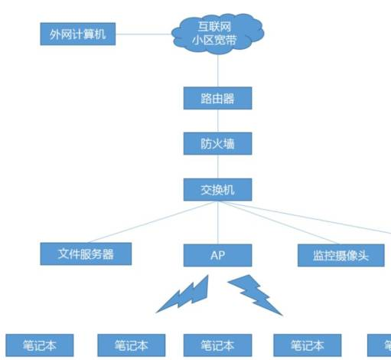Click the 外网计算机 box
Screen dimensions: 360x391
click(x=77, y=34)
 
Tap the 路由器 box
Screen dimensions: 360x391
click(x=217, y=99)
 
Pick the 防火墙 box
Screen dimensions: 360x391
click(x=217, y=143)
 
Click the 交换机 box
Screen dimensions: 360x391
click(x=217, y=188)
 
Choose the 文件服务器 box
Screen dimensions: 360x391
click(x=86, y=253)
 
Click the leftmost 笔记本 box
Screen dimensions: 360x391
click(x=41, y=345)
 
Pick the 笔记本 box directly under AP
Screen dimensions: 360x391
click(x=217, y=345)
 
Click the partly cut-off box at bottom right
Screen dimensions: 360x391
click(x=380, y=345)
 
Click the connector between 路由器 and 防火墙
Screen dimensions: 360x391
click(x=217, y=121)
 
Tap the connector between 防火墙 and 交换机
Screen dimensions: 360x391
click(x=217, y=165)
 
